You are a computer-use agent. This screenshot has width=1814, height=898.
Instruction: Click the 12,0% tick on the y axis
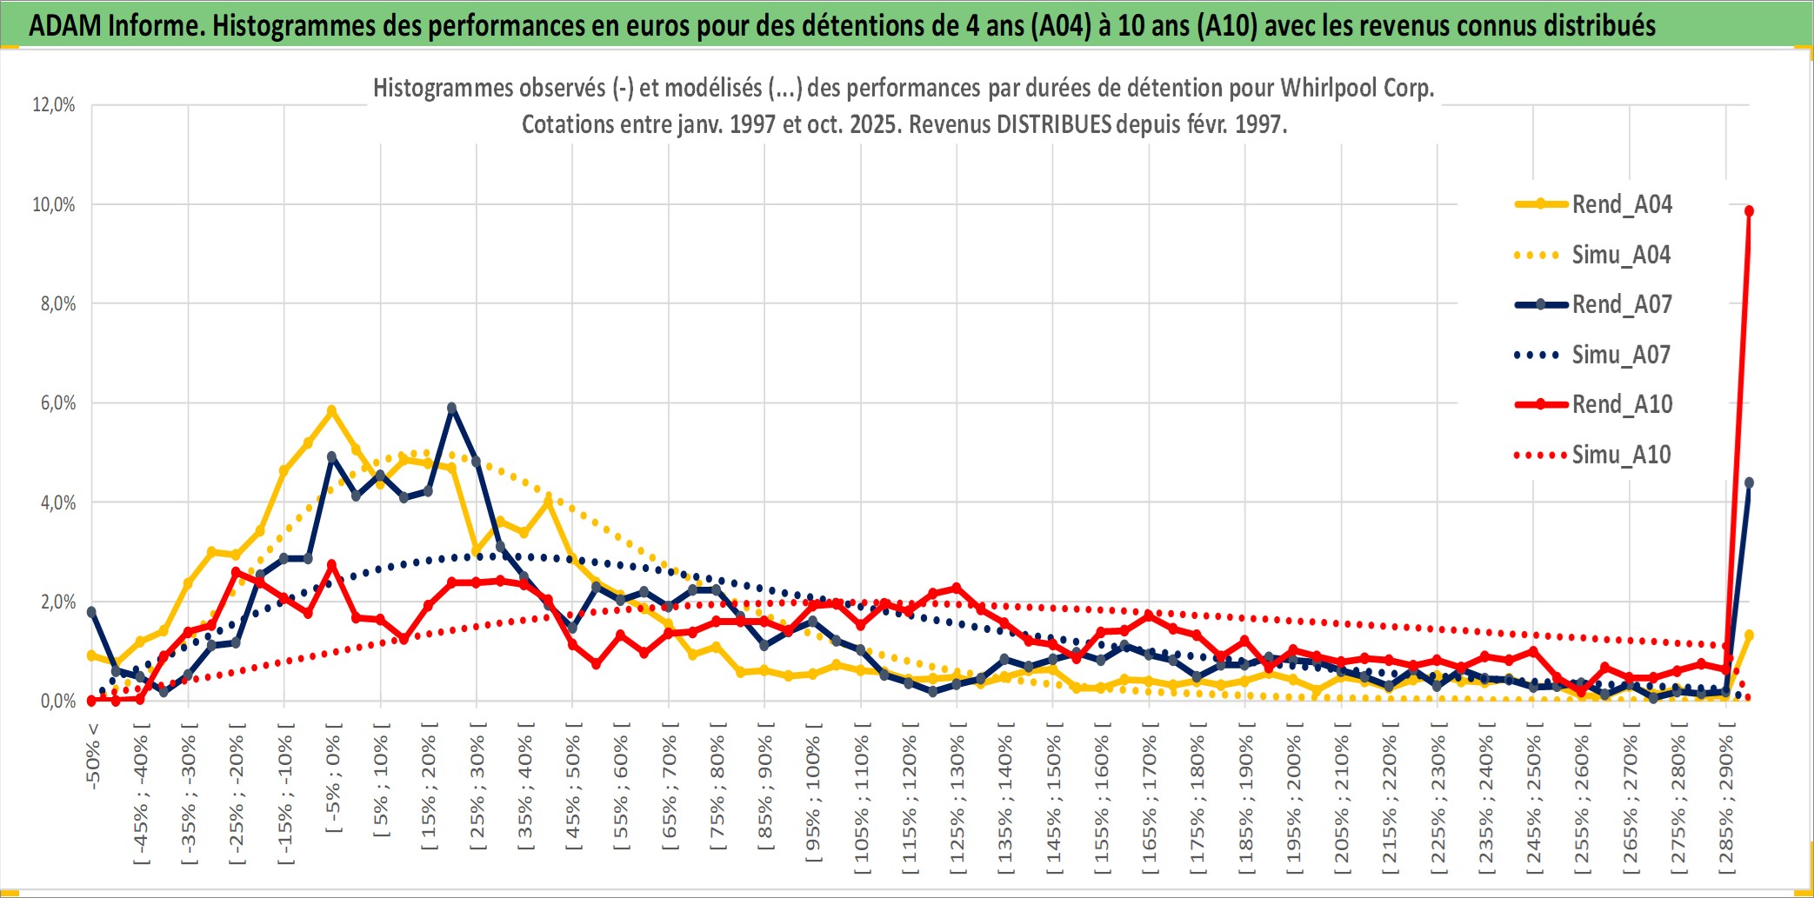tap(54, 105)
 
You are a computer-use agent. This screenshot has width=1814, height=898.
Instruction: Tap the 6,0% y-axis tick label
tap(57, 403)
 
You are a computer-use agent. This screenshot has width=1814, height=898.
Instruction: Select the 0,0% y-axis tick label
tap(57, 702)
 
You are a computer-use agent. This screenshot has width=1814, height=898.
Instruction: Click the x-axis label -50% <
tap(93, 755)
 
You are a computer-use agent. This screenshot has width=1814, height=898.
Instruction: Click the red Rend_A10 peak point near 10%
tap(1749, 211)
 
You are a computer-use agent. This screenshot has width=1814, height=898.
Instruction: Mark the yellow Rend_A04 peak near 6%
tap(331, 410)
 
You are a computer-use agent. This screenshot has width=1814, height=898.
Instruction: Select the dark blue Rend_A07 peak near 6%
tap(451, 408)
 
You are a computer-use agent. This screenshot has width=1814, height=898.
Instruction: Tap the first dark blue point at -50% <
tap(92, 612)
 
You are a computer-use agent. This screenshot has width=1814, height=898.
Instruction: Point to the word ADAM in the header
tap(65, 25)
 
